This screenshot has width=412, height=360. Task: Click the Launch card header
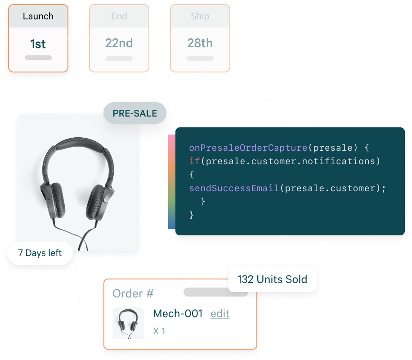(x=38, y=16)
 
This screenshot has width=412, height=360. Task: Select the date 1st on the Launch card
(x=38, y=44)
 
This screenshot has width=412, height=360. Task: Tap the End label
(x=119, y=16)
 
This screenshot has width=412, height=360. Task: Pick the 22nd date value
(x=119, y=43)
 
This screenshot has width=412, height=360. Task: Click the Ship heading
(x=200, y=16)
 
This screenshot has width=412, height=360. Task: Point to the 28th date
(x=200, y=43)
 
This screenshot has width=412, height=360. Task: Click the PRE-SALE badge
(x=135, y=113)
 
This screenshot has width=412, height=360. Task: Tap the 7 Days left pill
(x=40, y=253)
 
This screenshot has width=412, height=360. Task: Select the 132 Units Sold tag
(x=272, y=279)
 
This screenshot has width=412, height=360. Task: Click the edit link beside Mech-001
(x=220, y=314)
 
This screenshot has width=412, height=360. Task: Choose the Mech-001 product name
(x=178, y=314)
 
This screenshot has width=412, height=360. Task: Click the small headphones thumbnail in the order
(x=128, y=323)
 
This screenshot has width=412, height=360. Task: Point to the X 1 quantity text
(x=159, y=331)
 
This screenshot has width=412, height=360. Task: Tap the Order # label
(x=133, y=294)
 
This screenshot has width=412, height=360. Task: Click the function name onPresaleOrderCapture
(x=248, y=148)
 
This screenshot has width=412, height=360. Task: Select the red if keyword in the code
(x=194, y=161)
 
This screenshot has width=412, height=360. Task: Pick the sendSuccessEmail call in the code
(x=234, y=188)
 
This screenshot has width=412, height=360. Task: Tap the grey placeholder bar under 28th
(x=200, y=58)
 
